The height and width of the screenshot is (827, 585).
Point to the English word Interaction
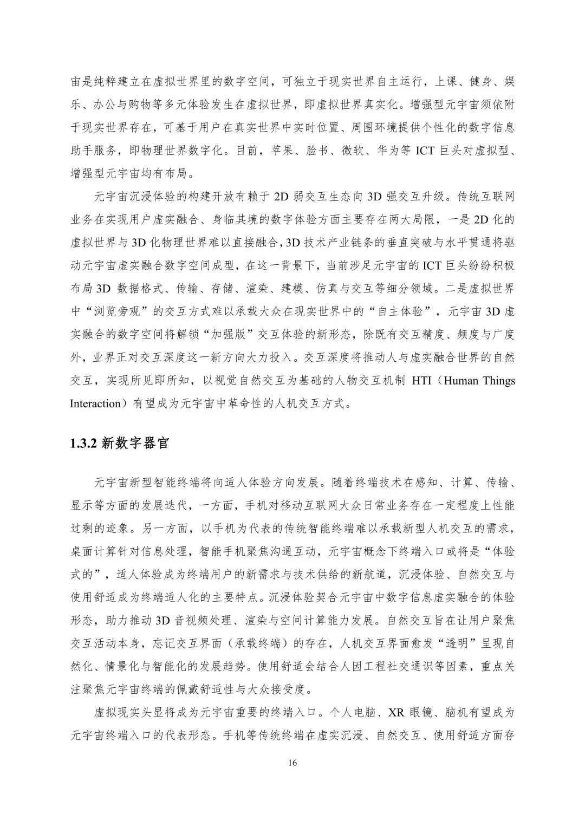(x=95, y=403)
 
